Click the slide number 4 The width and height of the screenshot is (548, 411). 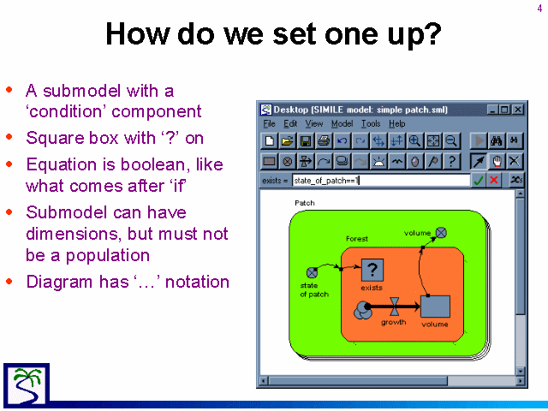(540, 9)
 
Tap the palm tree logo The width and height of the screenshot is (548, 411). (27, 385)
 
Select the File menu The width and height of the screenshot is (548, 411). (269, 123)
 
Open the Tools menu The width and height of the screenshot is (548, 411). (371, 123)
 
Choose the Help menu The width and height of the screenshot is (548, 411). (397, 123)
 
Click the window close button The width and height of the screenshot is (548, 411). (518, 110)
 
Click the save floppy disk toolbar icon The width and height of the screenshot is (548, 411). (306, 140)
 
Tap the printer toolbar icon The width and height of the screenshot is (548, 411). (324, 140)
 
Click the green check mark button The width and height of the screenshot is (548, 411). (479, 180)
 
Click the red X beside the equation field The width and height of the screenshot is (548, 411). (493, 180)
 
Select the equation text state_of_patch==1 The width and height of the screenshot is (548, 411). (326, 181)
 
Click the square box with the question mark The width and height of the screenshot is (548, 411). (372, 271)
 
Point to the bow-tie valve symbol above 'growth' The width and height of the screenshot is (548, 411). (395, 307)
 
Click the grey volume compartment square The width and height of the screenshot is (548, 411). (435, 307)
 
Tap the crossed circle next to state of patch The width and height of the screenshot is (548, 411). (312, 272)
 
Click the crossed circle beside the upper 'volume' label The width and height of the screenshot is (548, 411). (441, 232)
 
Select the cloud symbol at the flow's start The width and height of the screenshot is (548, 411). (362, 310)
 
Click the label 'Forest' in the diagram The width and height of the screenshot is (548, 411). (357, 239)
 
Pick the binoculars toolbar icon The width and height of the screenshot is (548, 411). (497, 140)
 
